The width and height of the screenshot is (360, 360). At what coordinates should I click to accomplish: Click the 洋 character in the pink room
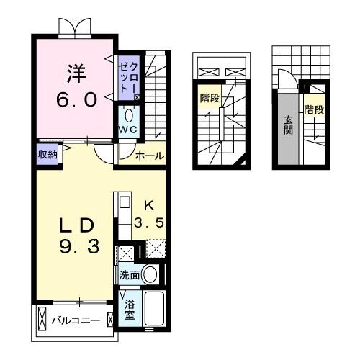pyautogui.click(x=76, y=73)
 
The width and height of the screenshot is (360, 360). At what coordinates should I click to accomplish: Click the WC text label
pyautogui.click(x=128, y=130)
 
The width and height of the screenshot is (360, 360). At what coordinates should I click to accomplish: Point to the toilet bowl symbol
pyautogui.click(x=129, y=115)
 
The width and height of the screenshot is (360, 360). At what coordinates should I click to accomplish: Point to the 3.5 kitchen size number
pyautogui.click(x=153, y=223)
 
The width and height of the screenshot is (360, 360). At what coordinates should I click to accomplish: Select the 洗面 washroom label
pyautogui.click(x=130, y=275)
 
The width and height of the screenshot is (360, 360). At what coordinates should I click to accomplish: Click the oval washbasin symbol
pyautogui.click(x=150, y=274)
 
